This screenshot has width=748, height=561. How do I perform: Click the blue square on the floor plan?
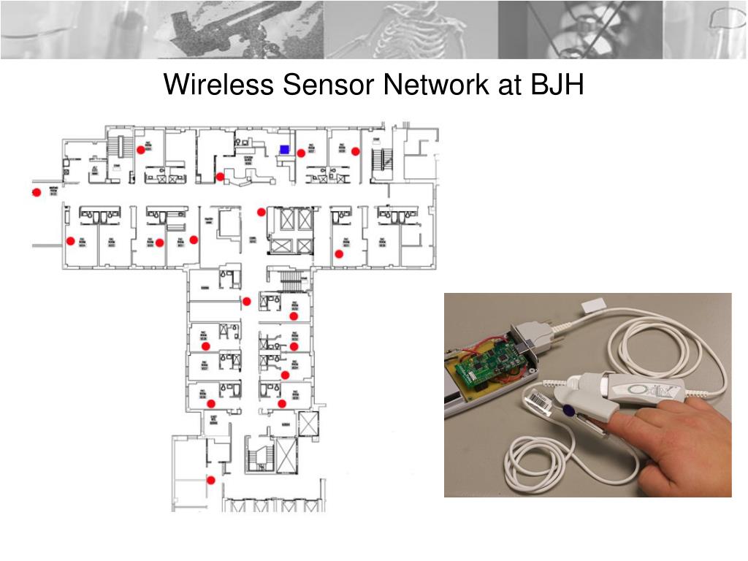[284, 149]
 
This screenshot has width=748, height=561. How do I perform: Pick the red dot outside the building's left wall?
[36, 192]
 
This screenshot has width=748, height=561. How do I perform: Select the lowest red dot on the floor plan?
[211, 480]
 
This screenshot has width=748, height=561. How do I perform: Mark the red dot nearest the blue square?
[301, 153]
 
